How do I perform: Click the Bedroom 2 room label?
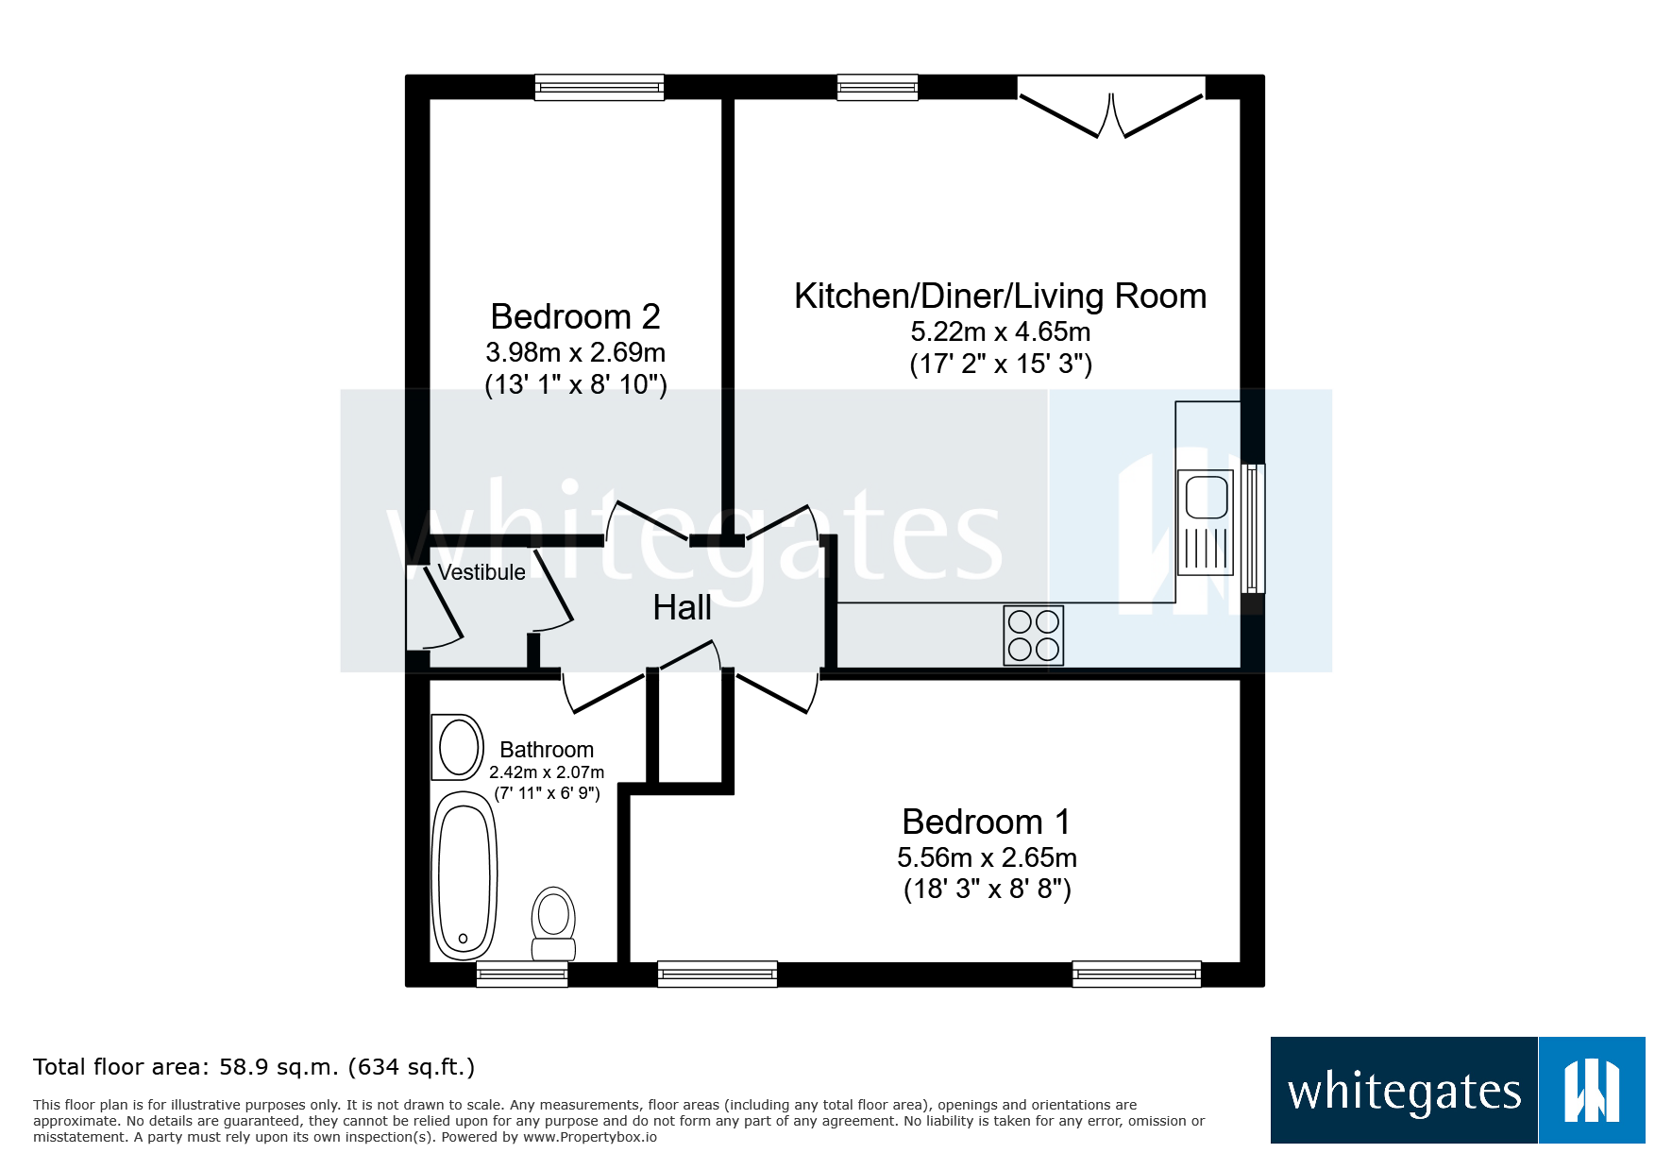(575, 316)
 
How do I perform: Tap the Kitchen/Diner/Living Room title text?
(1000, 297)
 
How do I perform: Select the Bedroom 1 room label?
(986, 822)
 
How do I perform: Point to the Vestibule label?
(481, 572)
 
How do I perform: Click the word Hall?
(682, 608)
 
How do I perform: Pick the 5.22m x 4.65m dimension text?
(1000, 332)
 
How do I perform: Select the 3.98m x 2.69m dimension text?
(575, 353)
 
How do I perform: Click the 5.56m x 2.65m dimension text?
(986, 857)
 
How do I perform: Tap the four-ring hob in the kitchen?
(1033, 636)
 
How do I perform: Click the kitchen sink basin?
(1207, 498)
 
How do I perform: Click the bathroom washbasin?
(458, 747)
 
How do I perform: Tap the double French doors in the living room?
(1111, 109)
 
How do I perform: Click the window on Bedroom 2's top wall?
(599, 88)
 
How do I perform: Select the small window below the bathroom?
(522, 975)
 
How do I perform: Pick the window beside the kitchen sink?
(1253, 528)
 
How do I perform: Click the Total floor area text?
(253, 1067)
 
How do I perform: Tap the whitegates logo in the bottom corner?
(1457, 1090)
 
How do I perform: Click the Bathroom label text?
(547, 750)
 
